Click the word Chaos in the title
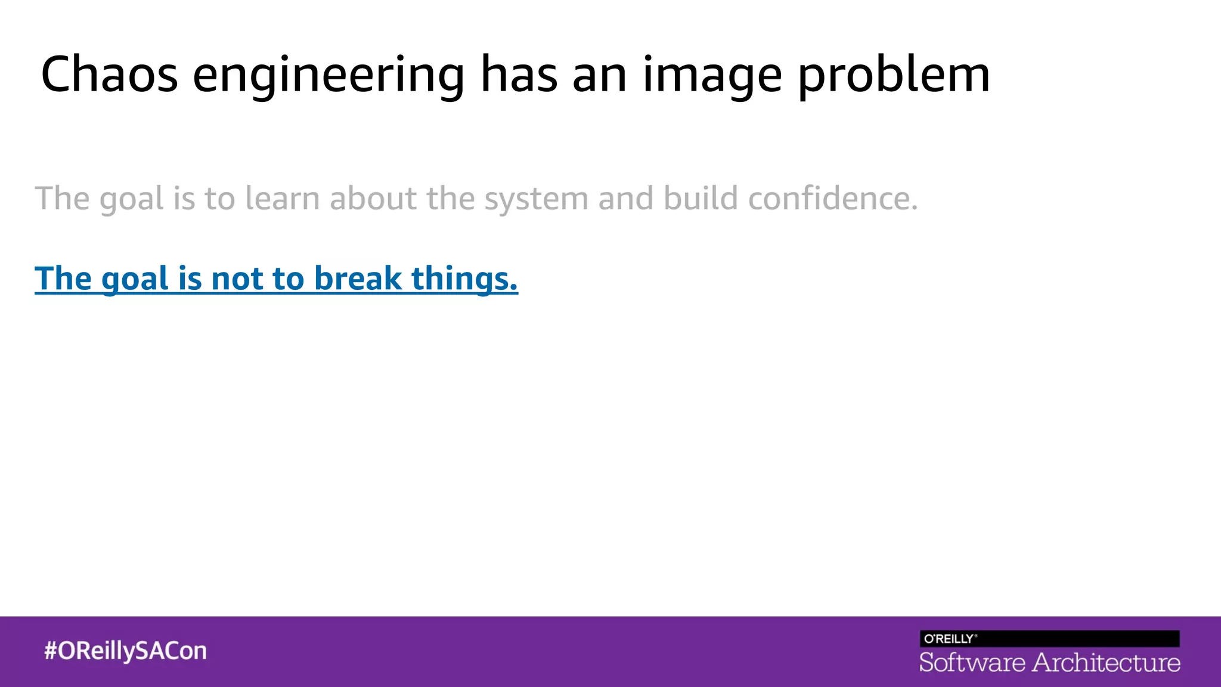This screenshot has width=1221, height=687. (x=109, y=75)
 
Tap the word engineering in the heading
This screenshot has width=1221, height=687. (x=328, y=76)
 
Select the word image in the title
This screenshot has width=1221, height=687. (x=712, y=76)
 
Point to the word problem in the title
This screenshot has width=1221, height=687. (x=894, y=76)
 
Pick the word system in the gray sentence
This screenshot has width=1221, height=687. (x=536, y=200)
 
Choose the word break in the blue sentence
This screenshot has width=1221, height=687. (x=358, y=278)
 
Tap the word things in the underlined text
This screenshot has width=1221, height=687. (x=460, y=280)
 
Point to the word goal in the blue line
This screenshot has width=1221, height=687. (x=135, y=280)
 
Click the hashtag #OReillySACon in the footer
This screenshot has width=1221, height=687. (x=125, y=651)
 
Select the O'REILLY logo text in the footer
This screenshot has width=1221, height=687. (x=949, y=639)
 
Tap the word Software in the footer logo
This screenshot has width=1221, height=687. (x=972, y=663)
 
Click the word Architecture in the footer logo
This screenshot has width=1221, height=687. (x=1106, y=663)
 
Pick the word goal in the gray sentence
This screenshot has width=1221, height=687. (x=131, y=200)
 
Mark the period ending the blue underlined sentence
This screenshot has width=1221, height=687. (x=514, y=289)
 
